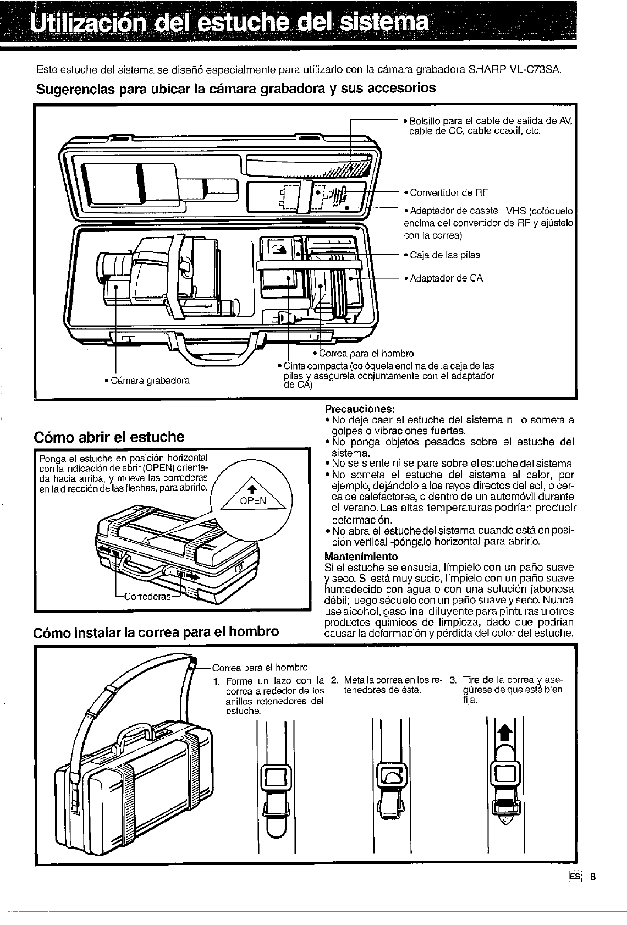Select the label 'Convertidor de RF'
point(446,192)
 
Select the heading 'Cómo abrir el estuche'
point(109,437)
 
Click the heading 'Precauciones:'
point(360,409)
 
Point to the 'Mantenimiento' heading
point(361,557)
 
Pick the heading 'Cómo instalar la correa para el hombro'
point(157,631)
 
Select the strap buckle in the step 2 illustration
point(392,777)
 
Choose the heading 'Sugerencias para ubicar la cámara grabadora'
point(235,89)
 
